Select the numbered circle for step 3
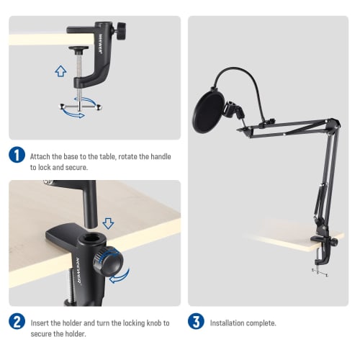pos(196,322)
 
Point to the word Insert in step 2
pos(41,323)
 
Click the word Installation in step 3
pos(228,323)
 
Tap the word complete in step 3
pos(261,323)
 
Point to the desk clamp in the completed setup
pos(318,253)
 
